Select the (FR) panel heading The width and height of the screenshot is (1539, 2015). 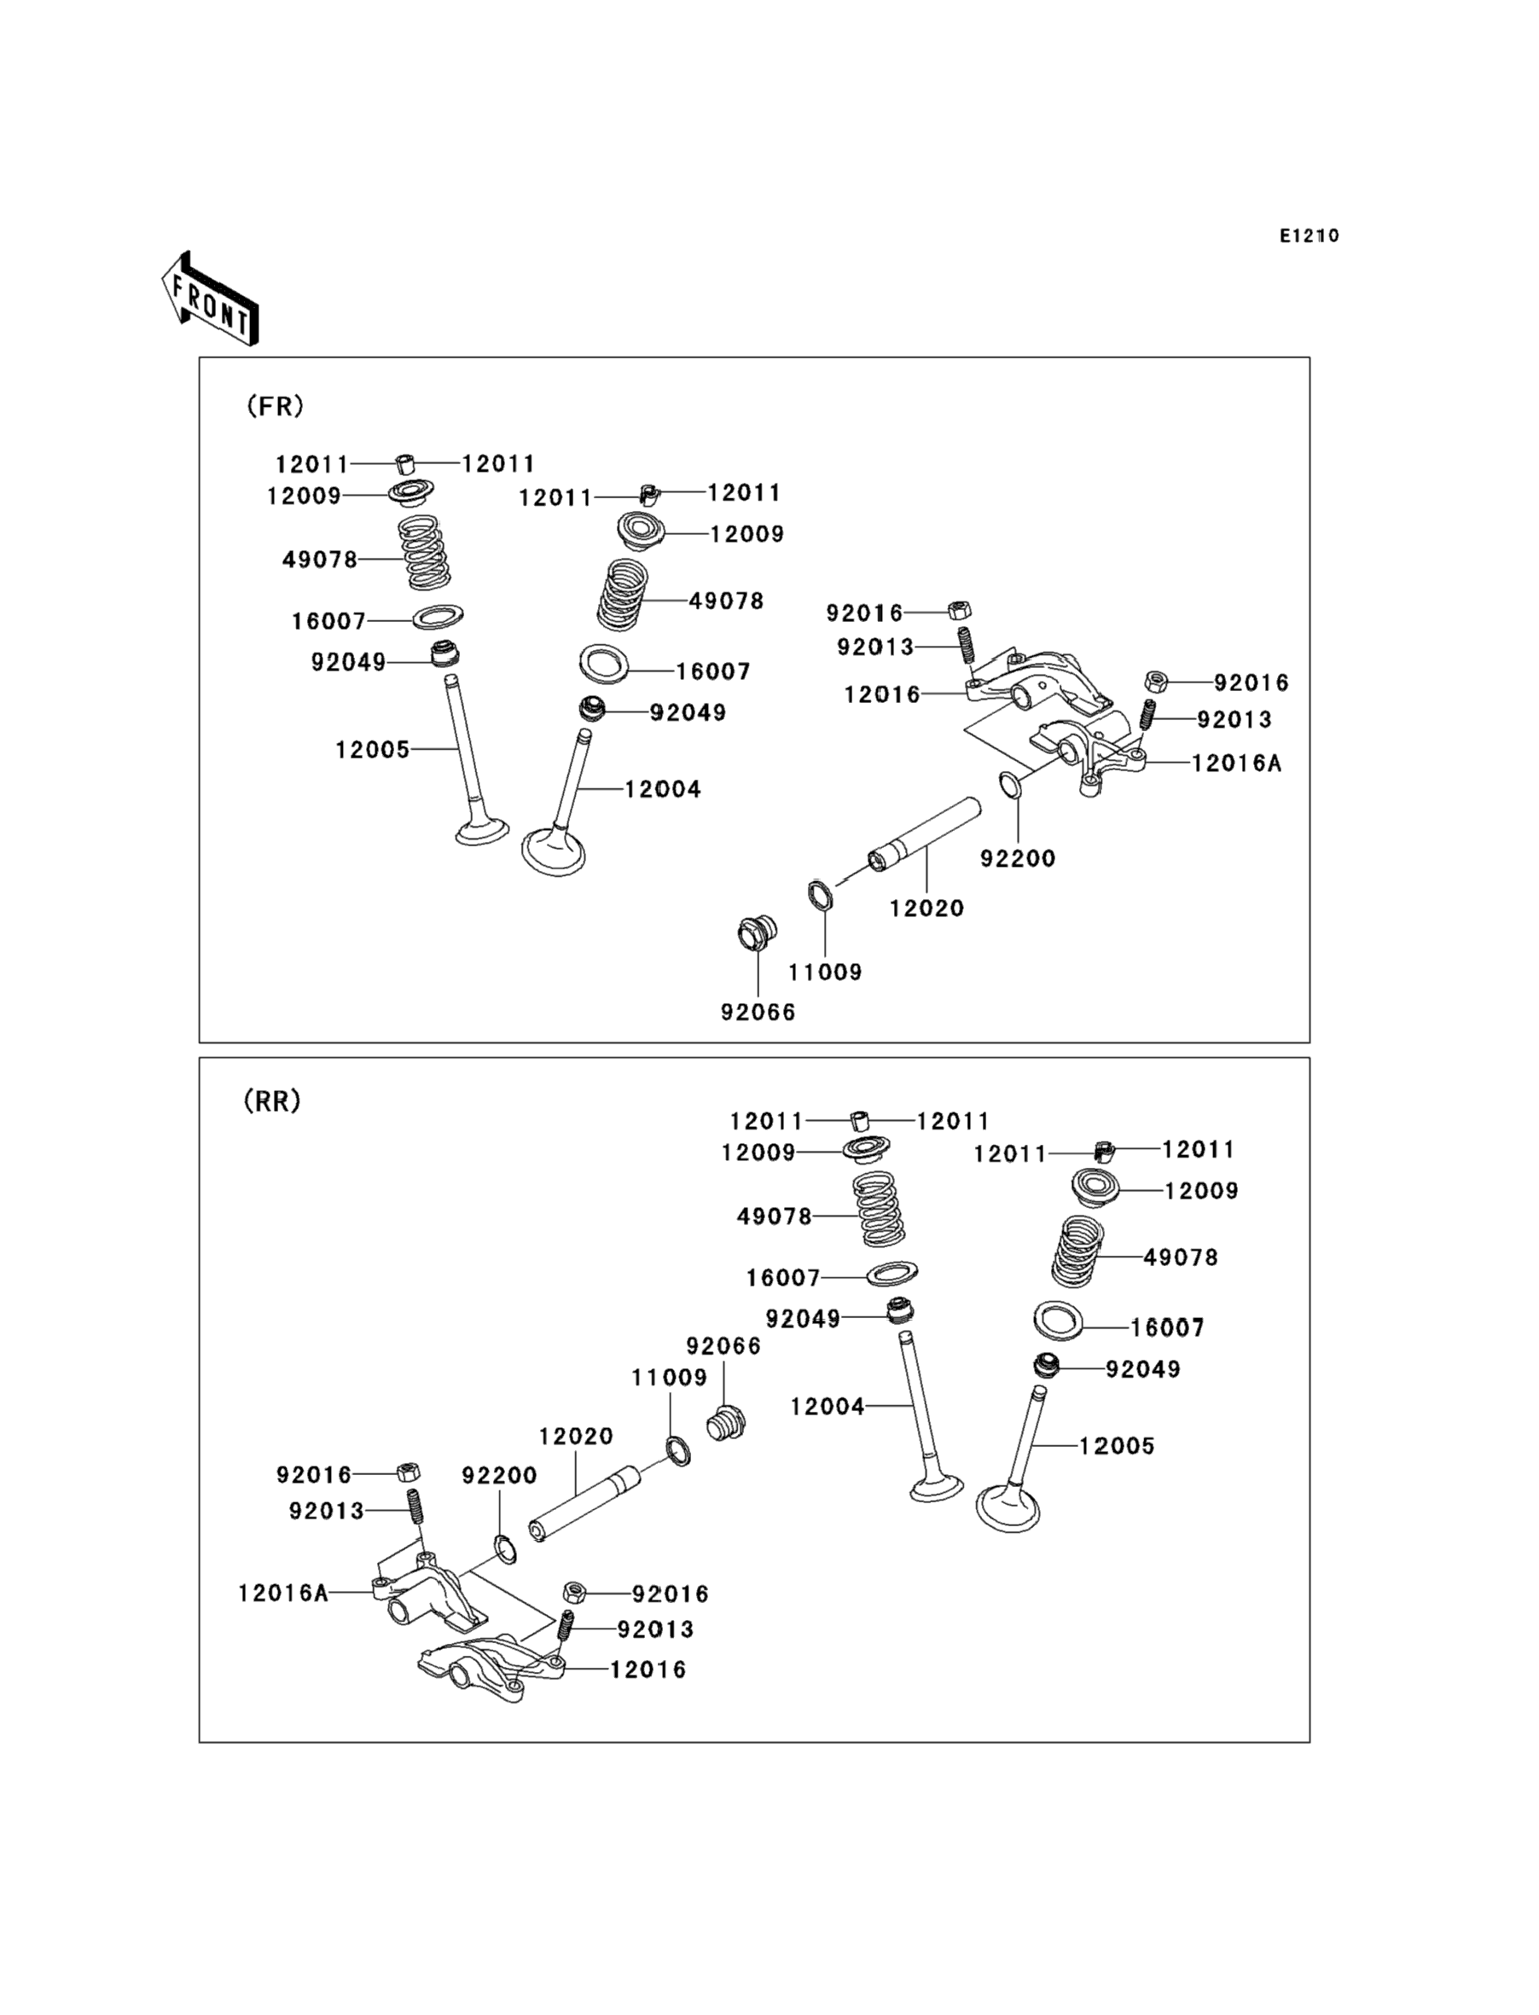click(x=275, y=406)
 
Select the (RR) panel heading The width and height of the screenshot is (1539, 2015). click(x=272, y=1101)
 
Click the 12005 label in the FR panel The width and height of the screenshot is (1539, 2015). click(x=372, y=749)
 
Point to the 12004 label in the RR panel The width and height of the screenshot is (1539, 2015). click(x=828, y=1406)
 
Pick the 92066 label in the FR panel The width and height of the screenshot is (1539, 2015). click(x=758, y=1012)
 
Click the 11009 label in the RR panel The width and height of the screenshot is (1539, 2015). click(x=669, y=1378)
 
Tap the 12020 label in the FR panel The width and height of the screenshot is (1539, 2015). click(x=926, y=908)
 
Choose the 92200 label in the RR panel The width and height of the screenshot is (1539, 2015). click(x=499, y=1475)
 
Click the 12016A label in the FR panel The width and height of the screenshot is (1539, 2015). click(x=1236, y=762)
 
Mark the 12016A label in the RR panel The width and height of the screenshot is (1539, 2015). click(x=283, y=1593)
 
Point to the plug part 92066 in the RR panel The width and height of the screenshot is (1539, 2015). click(x=727, y=1425)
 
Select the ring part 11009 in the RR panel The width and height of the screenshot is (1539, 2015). click(x=678, y=1451)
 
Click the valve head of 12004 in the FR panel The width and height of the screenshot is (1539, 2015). click(x=554, y=851)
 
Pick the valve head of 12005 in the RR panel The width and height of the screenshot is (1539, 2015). click(x=1008, y=1508)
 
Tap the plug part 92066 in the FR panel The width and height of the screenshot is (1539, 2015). click(x=758, y=934)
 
